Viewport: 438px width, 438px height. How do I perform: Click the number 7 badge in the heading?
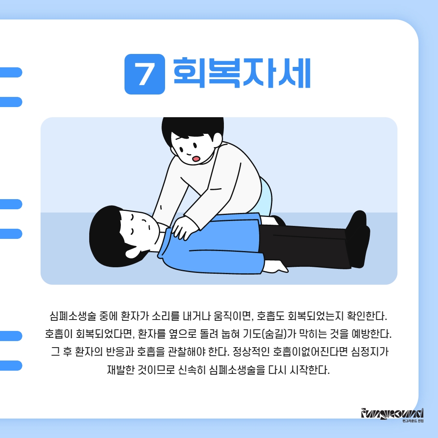145,74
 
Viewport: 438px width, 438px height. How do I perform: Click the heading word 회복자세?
242,73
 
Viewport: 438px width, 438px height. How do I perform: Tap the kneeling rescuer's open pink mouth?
196,159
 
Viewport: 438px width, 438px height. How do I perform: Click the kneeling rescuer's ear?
217,138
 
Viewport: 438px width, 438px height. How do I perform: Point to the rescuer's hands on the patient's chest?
185,228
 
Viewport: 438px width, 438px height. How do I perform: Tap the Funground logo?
392,414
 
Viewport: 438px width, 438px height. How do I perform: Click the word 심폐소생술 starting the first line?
73,316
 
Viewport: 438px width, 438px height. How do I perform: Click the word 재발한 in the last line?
121,369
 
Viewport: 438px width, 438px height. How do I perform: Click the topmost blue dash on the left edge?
11,72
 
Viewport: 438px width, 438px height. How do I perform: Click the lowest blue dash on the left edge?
11,366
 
